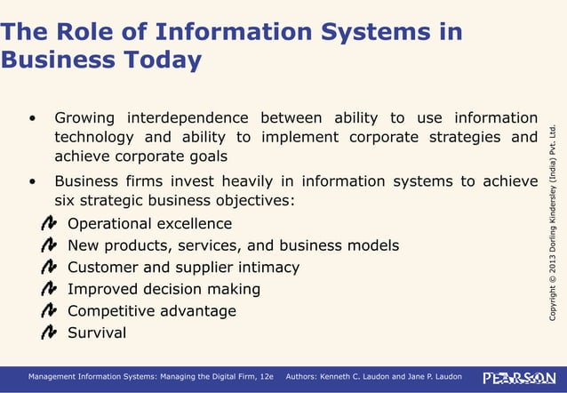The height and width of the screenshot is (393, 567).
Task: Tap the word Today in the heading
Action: click(x=163, y=60)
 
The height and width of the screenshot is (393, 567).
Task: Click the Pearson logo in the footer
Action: click(x=519, y=378)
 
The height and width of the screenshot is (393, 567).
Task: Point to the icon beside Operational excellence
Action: click(x=50, y=223)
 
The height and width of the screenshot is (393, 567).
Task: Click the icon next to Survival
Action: click(x=50, y=333)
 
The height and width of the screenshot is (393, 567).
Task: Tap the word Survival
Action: click(x=97, y=333)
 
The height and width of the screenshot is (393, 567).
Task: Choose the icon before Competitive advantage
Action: click(x=50, y=311)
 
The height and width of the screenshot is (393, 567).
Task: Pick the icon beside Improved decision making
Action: click(x=50, y=289)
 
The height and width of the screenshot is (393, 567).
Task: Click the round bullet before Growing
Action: click(x=33, y=119)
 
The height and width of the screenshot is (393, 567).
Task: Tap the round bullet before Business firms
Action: click(x=33, y=182)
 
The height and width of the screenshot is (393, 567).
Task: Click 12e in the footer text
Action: click(x=262, y=378)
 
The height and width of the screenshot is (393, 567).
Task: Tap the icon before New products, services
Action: click(x=50, y=245)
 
